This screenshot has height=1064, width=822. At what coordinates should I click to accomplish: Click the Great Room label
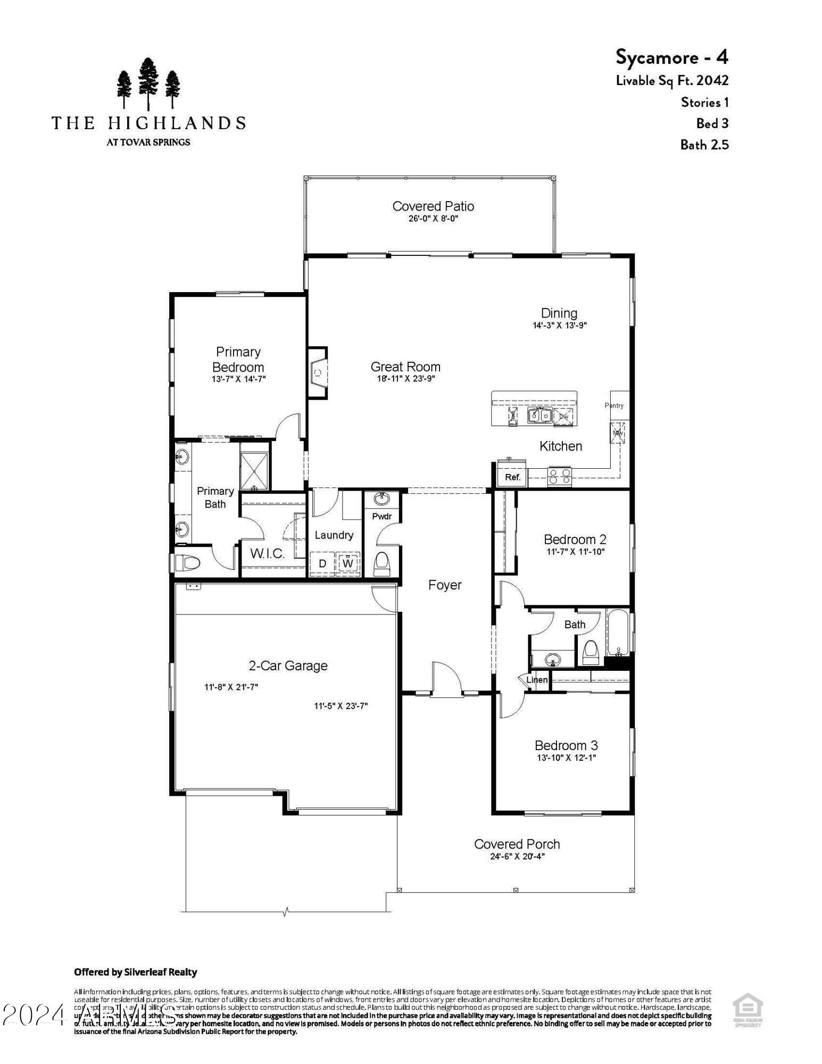coord(405,367)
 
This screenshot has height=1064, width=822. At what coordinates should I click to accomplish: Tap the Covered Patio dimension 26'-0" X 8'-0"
coord(433,219)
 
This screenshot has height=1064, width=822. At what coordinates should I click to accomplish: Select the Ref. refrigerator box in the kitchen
coord(512,477)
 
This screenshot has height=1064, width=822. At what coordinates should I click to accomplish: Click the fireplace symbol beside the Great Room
coord(318,373)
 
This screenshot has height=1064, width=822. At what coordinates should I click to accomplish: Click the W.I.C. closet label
coord(268,553)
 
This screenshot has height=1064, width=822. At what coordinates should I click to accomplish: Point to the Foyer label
coord(445,585)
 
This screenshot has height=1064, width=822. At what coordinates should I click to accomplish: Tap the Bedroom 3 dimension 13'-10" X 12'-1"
coord(566,758)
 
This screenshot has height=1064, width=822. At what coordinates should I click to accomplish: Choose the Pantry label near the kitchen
coord(614,405)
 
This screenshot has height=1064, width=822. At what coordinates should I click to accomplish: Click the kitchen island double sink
coord(539,414)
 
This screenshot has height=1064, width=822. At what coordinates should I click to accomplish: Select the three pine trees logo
coord(148,84)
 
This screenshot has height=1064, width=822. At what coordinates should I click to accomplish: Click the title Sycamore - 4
coord(672,56)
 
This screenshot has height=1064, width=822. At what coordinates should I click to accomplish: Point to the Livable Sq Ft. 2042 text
coord(672,80)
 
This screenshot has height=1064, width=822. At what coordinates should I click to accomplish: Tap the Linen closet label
coord(537,680)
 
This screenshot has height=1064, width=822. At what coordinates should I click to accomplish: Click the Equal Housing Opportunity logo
coord(748,1011)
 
